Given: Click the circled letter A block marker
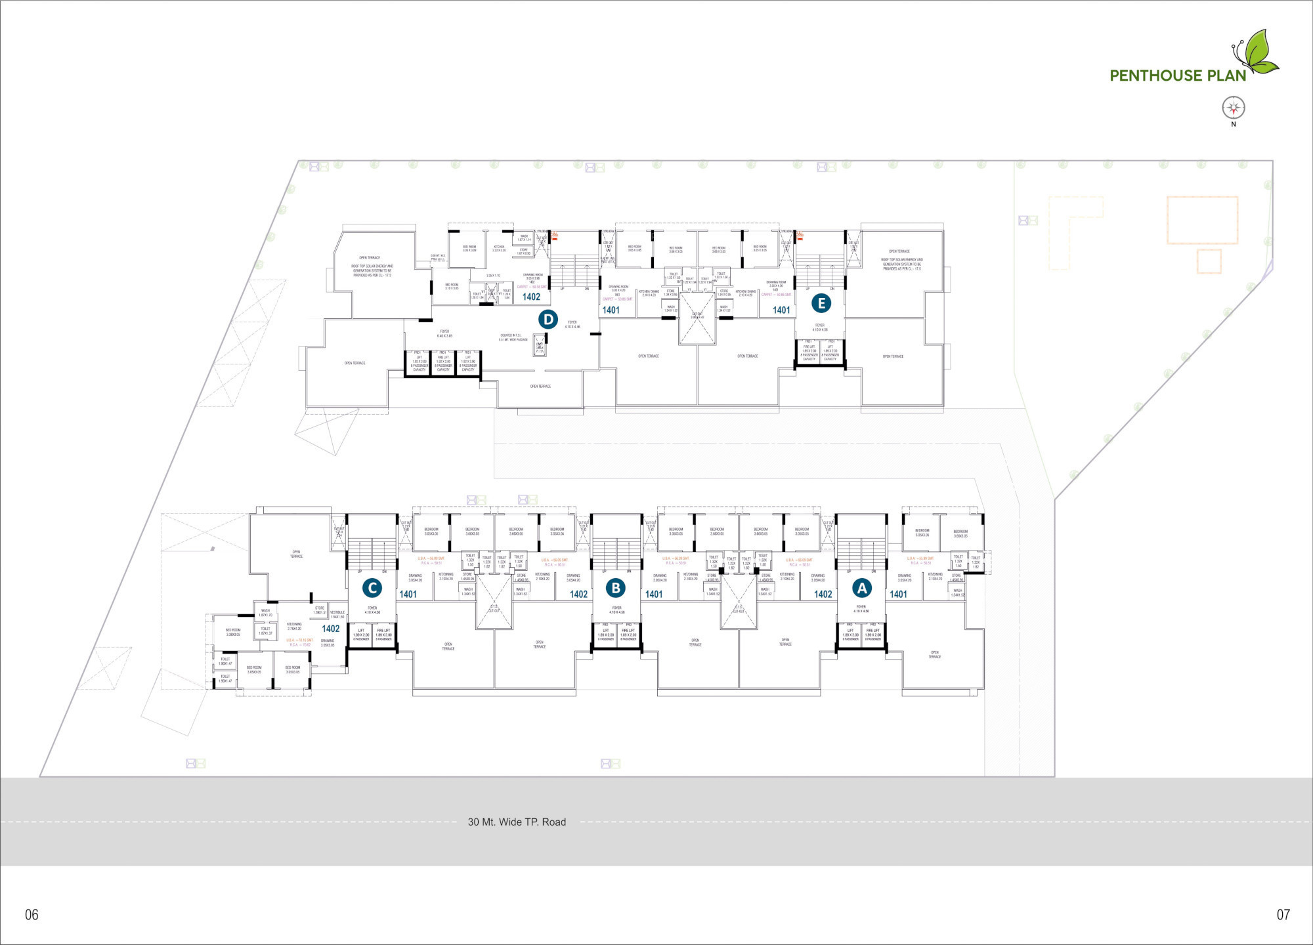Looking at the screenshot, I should (x=862, y=588).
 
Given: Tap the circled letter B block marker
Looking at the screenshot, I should (x=616, y=588).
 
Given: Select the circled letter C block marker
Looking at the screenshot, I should (x=372, y=588).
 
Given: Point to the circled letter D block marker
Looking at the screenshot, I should (x=548, y=320).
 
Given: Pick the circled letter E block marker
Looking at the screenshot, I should (x=821, y=303).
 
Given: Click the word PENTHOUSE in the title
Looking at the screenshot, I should (x=1155, y=76).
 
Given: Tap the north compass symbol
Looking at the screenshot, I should (x=1234, y=108).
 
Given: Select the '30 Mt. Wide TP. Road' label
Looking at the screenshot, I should (x=517, y=822).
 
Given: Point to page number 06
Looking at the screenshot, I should (x=32, y=914).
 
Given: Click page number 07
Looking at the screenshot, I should (x=1283, y=914).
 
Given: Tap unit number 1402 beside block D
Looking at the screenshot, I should (x=531, y=297).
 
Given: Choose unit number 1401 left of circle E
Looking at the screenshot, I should (x=781, y=310).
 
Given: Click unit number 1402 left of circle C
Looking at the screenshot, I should (x=331, y=629).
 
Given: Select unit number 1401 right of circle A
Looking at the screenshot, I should (x=898, y=595).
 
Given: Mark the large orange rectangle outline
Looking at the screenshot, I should (x=1202, y=220).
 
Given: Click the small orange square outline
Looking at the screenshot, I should (x=1209, y=261).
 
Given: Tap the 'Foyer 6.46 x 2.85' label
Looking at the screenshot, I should (x=444, y=333).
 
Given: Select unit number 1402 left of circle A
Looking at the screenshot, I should (x=823, y=595).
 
